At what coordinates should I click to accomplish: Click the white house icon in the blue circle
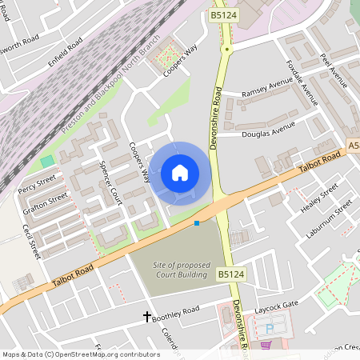pyautogui.click(x=180, y=172)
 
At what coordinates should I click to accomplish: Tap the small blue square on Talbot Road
pyautogui.click(x=197, y=223)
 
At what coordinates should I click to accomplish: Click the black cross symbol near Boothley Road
pyautogui.click(x=147, y=317)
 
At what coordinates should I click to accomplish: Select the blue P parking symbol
pyautogui.click(x=270, y=328)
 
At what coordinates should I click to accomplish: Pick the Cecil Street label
pyautogui.click(x=31, y=240)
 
